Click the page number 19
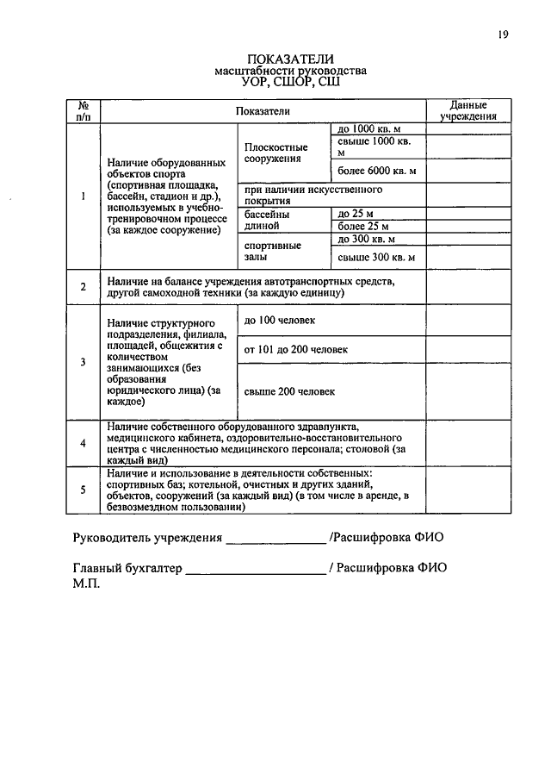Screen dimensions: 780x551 coord(504,34)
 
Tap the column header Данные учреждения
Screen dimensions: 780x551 coord(467,109)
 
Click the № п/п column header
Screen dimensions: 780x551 coord(84,109)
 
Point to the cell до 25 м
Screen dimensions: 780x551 coord(355,213)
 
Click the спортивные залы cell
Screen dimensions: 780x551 coord(272,251)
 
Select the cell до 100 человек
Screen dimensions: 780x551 coord(280,321)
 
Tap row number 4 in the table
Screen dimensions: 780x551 coord(84,443)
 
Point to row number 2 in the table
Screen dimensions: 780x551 coord(84,287)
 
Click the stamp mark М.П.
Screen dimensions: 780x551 coord(86,583)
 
